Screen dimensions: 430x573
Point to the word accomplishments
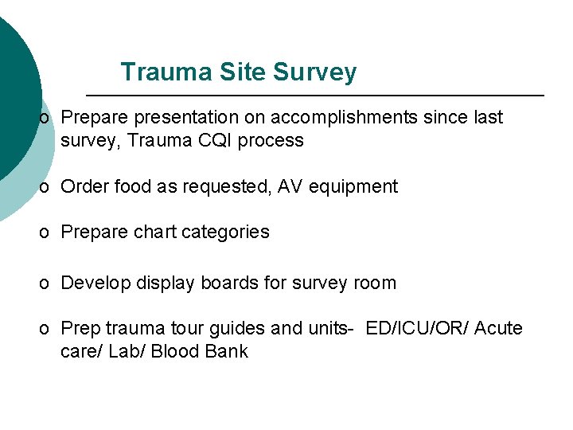343,118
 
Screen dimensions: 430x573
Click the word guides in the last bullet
234,329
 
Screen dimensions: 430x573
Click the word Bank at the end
228,352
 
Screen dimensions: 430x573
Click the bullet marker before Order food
46,187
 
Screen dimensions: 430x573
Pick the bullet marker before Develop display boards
46,283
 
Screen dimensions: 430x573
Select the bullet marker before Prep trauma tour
46,329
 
